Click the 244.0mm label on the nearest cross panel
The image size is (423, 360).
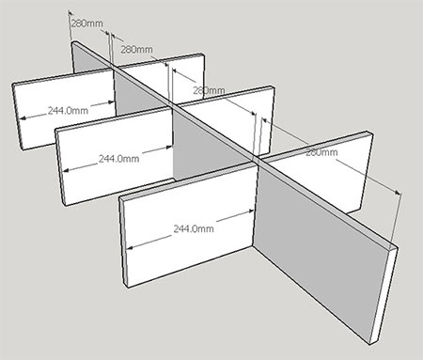coord(194,228)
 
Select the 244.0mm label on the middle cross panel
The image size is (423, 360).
coord(119,159)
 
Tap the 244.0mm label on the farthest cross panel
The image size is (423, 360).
coord(68,110)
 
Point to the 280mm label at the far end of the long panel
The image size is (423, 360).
coord(86,23)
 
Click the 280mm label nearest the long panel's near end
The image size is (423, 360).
coord(321,152)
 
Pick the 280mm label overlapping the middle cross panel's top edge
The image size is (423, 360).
coord(209,90)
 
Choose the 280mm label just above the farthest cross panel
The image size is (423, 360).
coord(137,49)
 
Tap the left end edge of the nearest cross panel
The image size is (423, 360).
coord(123,243)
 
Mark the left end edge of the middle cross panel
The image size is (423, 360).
coord(60,167)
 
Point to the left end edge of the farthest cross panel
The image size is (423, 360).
coord(18,117)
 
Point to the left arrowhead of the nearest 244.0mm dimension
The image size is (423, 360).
coord(130,248)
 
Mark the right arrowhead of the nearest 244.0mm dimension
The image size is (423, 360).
coord(251,211)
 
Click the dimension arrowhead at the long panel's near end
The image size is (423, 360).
coord(399,192)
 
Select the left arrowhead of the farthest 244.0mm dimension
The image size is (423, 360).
coord(23,118)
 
